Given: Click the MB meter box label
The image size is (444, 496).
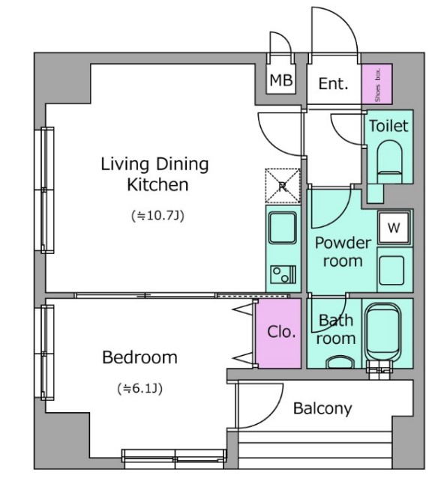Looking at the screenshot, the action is (x=281, y=80).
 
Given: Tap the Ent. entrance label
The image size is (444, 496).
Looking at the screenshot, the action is (x=333, y=84).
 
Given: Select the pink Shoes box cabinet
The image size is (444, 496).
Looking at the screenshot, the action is (x=376, y=84).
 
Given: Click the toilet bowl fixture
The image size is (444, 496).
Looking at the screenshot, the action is (x=389, y=161).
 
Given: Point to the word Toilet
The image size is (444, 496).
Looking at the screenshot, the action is (x=388, y=126).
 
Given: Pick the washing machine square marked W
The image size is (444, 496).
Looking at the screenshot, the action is (x=394, y=228).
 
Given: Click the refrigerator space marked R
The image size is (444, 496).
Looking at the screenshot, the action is (x=283, y=186).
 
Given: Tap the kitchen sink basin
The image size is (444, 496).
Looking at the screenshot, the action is (x=283, y=227).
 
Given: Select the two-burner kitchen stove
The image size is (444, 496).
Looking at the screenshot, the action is (x=283, y=274).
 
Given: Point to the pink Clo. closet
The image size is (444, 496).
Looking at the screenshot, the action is (x=279, y=333).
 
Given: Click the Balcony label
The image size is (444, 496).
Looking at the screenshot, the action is (x=322, y=408).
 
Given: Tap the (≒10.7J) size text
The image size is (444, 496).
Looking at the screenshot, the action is (x=157, y=216).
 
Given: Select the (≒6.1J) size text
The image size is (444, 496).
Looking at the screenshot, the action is (x=140, y=388).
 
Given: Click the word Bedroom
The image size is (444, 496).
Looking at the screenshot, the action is (x=139, y=357).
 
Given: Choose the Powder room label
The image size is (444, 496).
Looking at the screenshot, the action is (x=343, y=252).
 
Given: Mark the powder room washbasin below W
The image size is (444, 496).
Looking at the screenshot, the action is (x=391, y=270).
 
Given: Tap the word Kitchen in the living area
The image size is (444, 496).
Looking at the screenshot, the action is (x=157, y=185).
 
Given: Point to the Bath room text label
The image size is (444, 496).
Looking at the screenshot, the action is (x=336, y=330).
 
